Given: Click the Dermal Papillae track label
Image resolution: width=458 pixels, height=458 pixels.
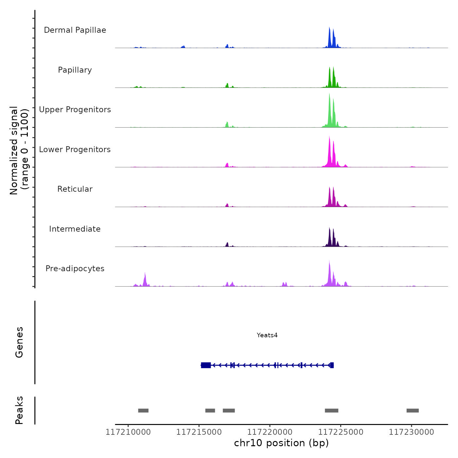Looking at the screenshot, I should (x=75, y=30).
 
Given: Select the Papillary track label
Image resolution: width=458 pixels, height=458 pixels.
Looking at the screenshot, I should (x=75, y=70).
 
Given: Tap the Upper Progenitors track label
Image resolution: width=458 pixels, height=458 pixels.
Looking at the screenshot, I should (x=75, y=110).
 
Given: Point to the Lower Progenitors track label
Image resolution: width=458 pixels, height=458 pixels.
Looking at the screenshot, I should (x=75, y=150).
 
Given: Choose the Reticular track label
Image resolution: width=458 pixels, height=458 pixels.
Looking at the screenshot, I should (x=75, y=189).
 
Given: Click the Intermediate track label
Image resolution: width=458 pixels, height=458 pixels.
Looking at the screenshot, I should (x=75, y=229).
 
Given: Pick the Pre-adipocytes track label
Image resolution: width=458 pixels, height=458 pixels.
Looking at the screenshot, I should (x=75, y=269).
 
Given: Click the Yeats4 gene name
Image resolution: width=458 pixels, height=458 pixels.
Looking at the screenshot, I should (x=267, y=335).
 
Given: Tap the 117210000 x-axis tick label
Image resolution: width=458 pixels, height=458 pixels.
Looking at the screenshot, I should (x=128, y=432).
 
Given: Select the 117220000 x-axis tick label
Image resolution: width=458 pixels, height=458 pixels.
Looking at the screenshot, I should (x=270, y=432).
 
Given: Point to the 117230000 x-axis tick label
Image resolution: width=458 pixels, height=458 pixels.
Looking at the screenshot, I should (x=411, y=432).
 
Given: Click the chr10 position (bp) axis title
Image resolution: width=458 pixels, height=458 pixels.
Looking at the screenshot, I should (x=281, y=443).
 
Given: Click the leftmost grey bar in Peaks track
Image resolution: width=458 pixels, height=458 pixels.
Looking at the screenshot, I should (x=143, y=411).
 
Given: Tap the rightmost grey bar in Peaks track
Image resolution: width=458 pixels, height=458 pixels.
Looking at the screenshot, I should (x=413, y=411).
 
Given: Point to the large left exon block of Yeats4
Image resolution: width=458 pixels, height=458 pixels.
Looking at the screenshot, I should (x=206, y=365).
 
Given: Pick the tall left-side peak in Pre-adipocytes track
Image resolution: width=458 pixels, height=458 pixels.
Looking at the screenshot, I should (x=145, y=280).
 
